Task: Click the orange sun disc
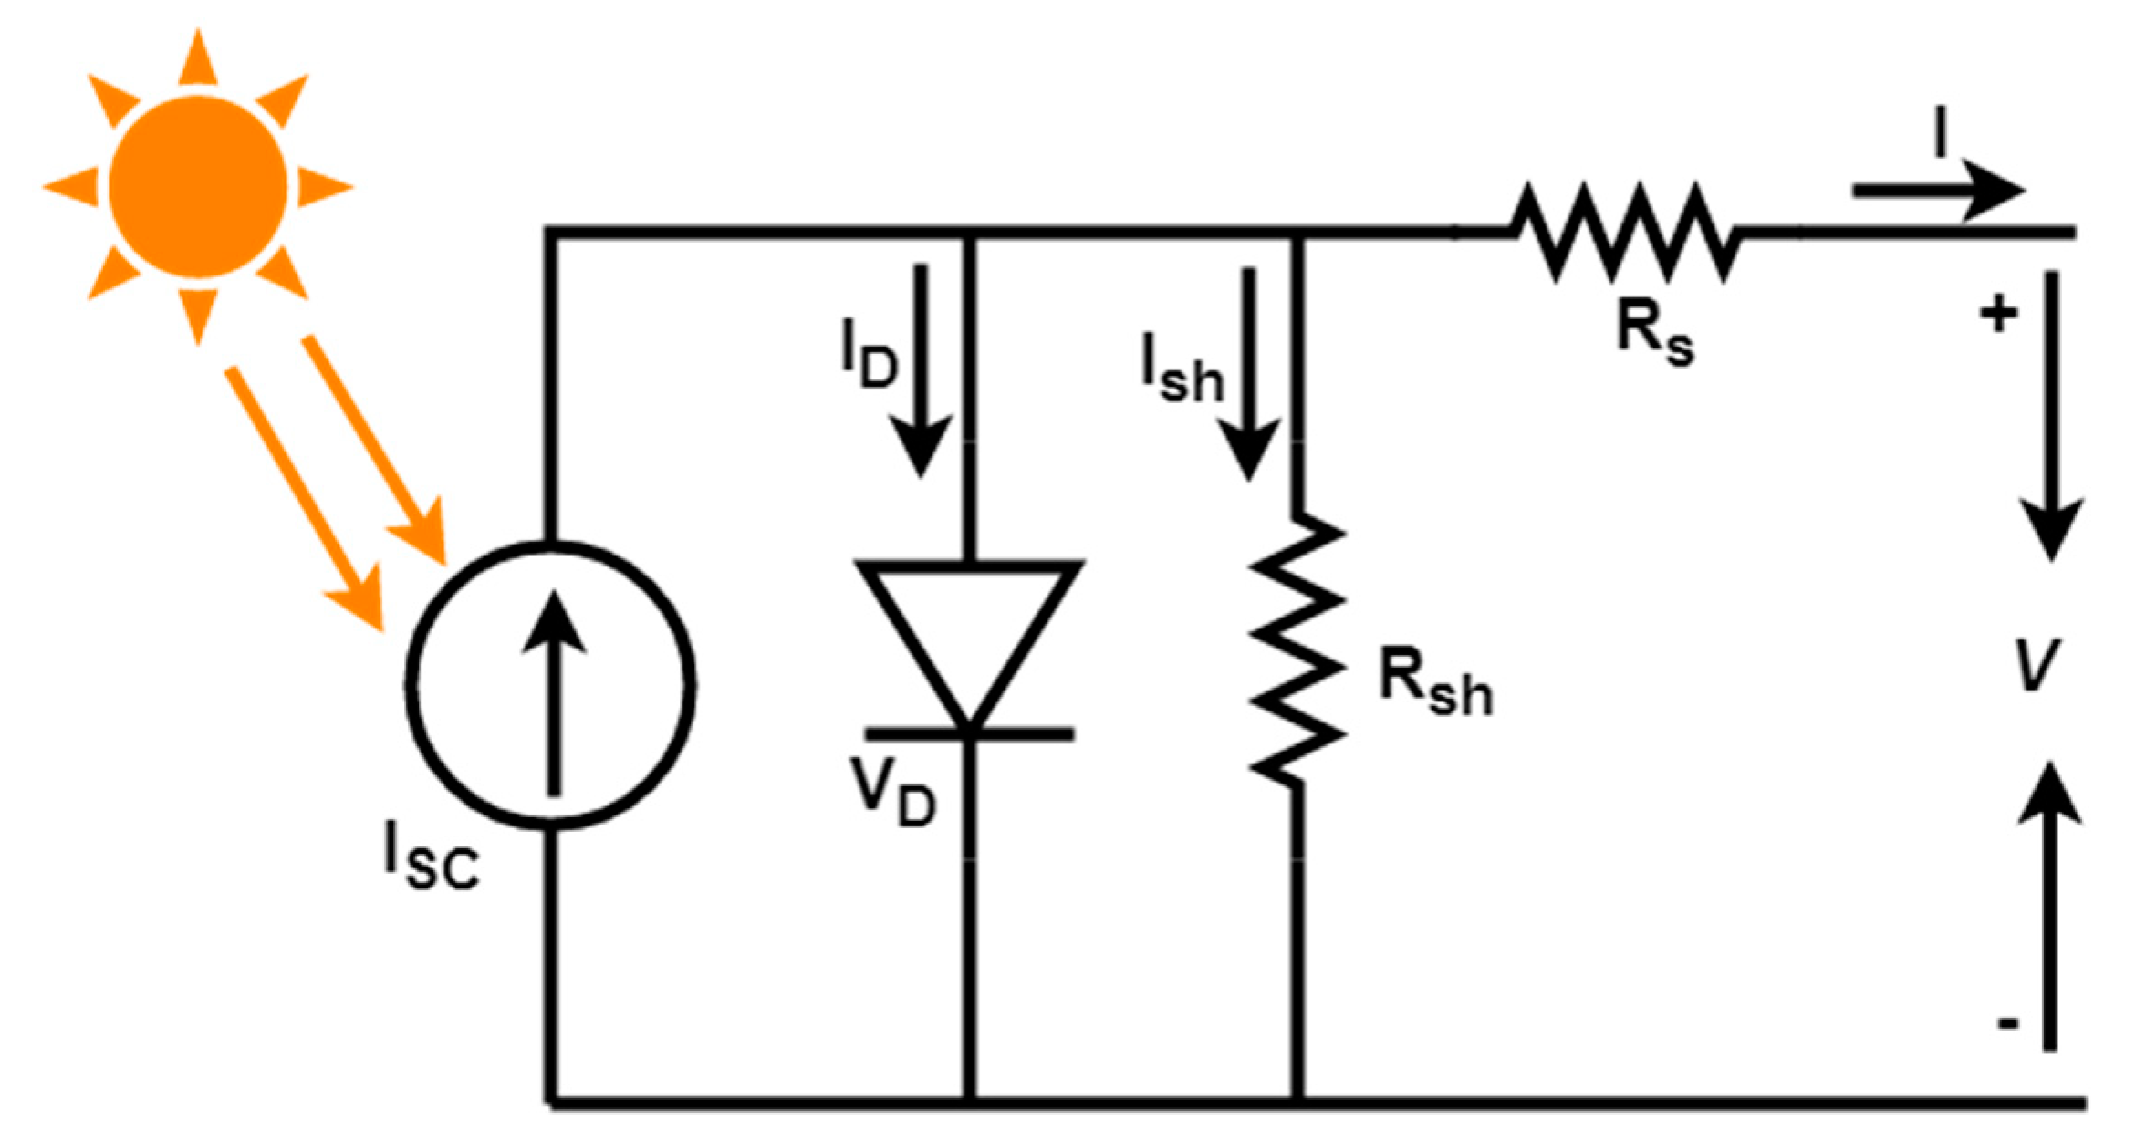[198, 187]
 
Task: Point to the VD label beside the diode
[893, 793]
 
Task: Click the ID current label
[869, 354]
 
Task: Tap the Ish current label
[1181, 369]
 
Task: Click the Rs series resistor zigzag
[1624, 234]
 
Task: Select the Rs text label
[1654, 333]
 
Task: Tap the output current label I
[1941, 133]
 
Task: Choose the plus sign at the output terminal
[1997, 315]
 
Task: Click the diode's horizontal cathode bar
[969, 733]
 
